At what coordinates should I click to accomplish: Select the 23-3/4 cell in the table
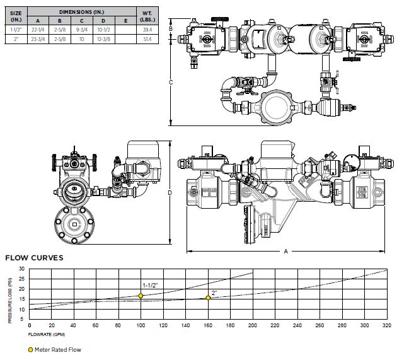(x=38, y=38)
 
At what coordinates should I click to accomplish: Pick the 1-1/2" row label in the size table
(x=16, y=29)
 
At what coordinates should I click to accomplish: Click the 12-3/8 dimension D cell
(x=105, y=38)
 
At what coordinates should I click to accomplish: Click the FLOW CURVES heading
(x=34, y=258)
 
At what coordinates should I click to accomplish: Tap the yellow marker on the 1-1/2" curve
(x=141, y=296)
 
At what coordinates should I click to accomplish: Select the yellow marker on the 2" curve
(x=208, y=298)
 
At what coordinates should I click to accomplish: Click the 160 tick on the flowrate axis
(x=207, y=325)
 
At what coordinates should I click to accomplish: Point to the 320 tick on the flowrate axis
(x=386, y=325)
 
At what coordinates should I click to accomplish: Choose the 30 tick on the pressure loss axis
(x=21, y=269)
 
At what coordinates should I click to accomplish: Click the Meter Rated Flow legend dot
(x=30, y=349)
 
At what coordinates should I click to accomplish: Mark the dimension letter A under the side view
(x=285, y=252)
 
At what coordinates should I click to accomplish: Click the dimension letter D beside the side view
(x=171, y=193)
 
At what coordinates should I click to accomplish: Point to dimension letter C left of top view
(x=171, y=82)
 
